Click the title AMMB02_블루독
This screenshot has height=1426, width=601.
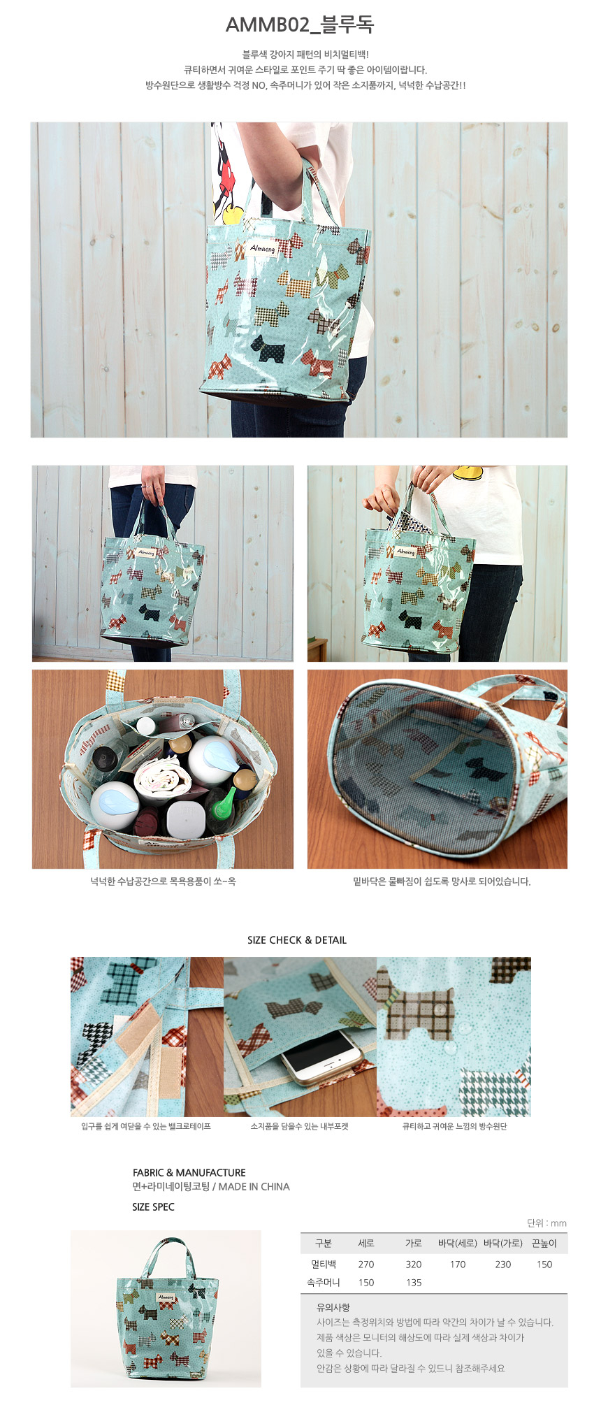point(300,25)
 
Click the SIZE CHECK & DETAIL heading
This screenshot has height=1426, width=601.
point(297,940)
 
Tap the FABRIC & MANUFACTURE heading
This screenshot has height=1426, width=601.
point(189,1172)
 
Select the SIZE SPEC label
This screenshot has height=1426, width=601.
point(153,1207)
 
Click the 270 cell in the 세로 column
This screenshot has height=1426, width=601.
point(366,1264)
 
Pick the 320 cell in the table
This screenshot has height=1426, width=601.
point(414,1264)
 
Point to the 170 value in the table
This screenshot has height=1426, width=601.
point(458,1264)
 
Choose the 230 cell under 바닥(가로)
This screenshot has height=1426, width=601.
point(503,1264)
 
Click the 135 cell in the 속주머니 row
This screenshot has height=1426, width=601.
point(414,1282)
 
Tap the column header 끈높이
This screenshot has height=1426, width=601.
point(544,1243)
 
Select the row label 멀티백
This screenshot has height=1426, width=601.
point(324,1264)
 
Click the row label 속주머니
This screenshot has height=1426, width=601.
point(324,1282)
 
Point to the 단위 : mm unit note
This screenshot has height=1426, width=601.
point(546,1223)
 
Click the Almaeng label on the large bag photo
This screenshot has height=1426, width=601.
point(263,247)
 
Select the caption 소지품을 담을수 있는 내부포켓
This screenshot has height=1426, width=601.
point(299,1126)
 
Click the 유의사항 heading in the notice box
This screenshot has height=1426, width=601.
point(333,1307)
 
